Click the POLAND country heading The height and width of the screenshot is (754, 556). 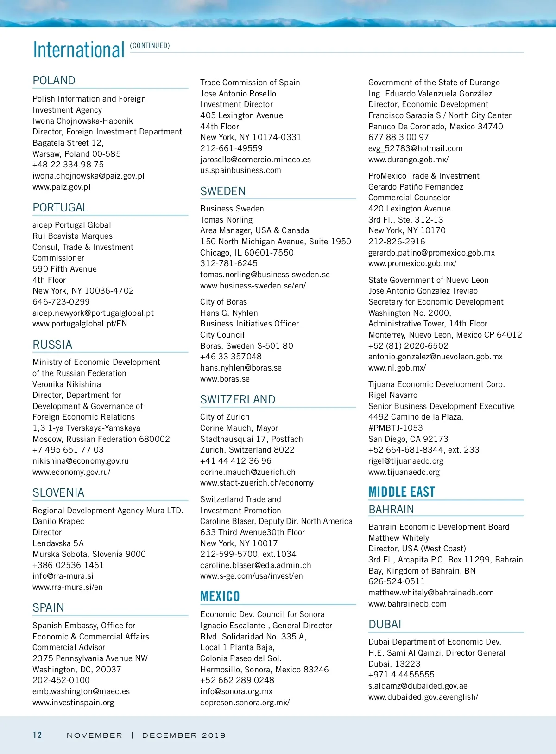(x=54, y=81)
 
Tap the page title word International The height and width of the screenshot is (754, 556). (x=79, y=50)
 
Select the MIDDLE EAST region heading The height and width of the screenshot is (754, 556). (x=401, y=492)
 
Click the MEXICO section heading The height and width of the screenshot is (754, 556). (x=220, y=596)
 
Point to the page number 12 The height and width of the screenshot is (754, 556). (x=38, y=735)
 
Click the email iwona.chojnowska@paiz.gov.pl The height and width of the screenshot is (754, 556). (x=88, y=176)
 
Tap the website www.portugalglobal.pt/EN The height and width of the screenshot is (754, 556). (x=80, y=324)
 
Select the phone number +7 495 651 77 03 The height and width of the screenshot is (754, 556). (x=68, y=450)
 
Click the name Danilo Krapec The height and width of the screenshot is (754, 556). (x=58, y=521)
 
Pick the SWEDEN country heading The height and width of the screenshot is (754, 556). (x=223, y=192)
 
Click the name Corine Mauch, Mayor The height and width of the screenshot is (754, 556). (x=239, y=428)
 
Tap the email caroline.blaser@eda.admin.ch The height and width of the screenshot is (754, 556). (x=256, y=565)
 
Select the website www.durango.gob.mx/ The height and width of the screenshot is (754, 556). (x=408, y=160)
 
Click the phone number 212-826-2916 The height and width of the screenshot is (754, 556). (x=397, y=242)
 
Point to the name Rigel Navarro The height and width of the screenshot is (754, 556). (x=393, y=395)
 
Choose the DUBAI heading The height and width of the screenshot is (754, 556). (x=385, y=625)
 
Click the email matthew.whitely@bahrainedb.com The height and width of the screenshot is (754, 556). (x=431, y=593)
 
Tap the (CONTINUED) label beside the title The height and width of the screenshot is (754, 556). (x=150, y=45)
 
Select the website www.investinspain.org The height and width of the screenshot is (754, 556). (x=73, y=703)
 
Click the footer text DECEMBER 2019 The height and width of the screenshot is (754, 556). (x=184, y=735)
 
